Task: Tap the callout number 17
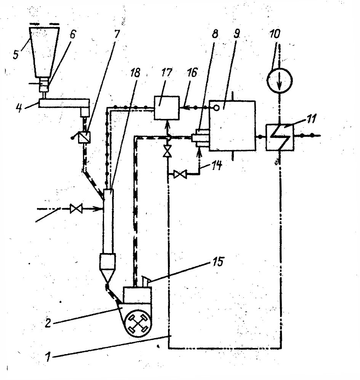(x=167, y=73)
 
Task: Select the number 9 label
(x=236, y=34)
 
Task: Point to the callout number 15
(x=218, y=261)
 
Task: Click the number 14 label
(x=217, y=165)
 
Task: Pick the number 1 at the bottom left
(x=48, y=357)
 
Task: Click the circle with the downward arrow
(x=279, y=80)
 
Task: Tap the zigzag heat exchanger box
(x=280, y=138)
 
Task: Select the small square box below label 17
(x=167, y=107)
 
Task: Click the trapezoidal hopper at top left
(x=44, y=52)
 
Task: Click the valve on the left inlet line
(x=76, y=208)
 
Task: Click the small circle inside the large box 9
(x=217, y=108)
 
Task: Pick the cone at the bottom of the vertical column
(x=107, y=276)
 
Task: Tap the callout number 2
(x=48, y=323)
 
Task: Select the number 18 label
(x=135, y=73)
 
